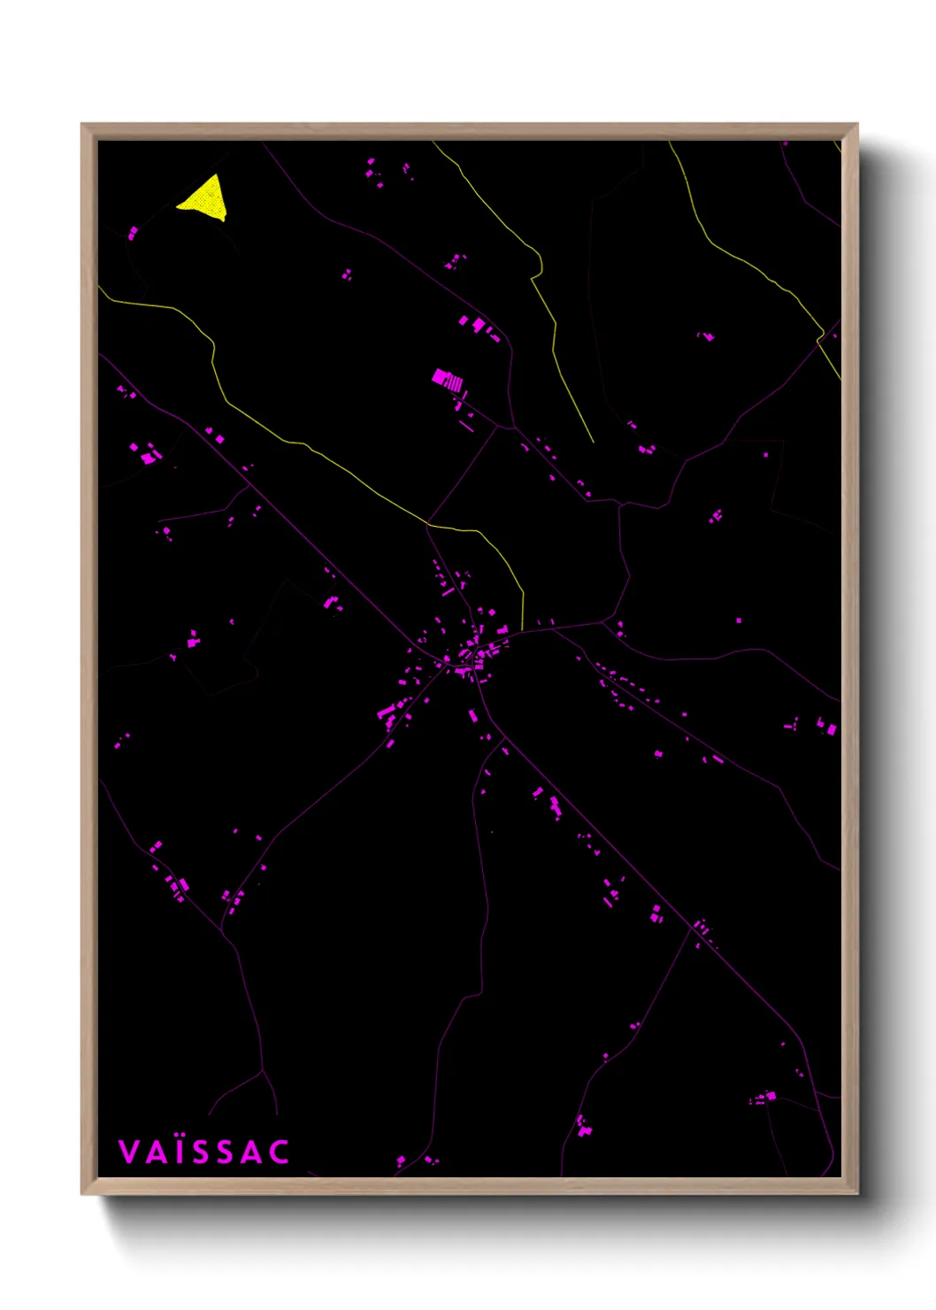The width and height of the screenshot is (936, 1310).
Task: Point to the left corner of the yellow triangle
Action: [178, 205]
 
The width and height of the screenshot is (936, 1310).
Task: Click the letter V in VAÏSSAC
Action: [129, 1152]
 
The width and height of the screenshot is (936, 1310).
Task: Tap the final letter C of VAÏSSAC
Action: [280, 1152]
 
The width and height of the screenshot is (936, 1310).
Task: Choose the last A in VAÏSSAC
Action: [253, 1152]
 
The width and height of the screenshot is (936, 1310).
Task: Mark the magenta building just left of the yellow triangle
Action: [133, 234]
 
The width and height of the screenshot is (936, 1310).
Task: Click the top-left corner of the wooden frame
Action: [82, 125]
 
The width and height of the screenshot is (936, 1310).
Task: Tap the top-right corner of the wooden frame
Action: [856, 125]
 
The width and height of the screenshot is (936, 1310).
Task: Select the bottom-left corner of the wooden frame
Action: [82, 1193]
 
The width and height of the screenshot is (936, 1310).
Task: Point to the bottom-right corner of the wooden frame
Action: [856, 1193]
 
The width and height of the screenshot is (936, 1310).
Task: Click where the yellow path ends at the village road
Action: [522, 630]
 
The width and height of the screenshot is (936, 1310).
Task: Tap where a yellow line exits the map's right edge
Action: [840, 380]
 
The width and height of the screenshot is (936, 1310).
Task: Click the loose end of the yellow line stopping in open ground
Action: [593, 442]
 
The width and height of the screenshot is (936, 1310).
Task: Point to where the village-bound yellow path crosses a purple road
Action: [428, 523]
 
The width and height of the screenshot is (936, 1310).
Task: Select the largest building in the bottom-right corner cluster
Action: [771, 1096]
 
